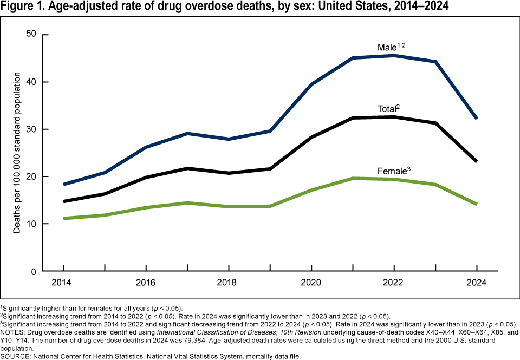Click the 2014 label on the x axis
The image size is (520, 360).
[63, 283]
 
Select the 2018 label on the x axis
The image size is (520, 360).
[229, 283]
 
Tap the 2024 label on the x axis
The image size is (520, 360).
[477, 283]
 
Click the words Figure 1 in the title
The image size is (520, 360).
[23, 7]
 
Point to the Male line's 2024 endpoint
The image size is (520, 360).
[477, 119]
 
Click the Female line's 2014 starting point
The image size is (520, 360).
[63, 218]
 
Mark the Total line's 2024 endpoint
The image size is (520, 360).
[477, 161]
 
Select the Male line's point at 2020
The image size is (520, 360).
[311, 84]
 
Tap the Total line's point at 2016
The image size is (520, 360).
[146, 177]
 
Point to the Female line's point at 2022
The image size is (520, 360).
[394, 179]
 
